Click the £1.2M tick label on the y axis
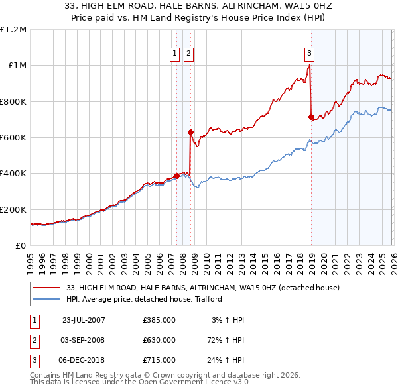(13, 29)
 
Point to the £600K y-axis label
(13, 137)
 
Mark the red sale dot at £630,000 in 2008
(190, 132)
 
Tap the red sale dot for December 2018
(311, 117)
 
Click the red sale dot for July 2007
(177, 176)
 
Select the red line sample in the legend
(47, 288)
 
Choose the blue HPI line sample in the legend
(47, 300)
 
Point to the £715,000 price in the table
(159, 360)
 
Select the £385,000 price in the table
(159, 320)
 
